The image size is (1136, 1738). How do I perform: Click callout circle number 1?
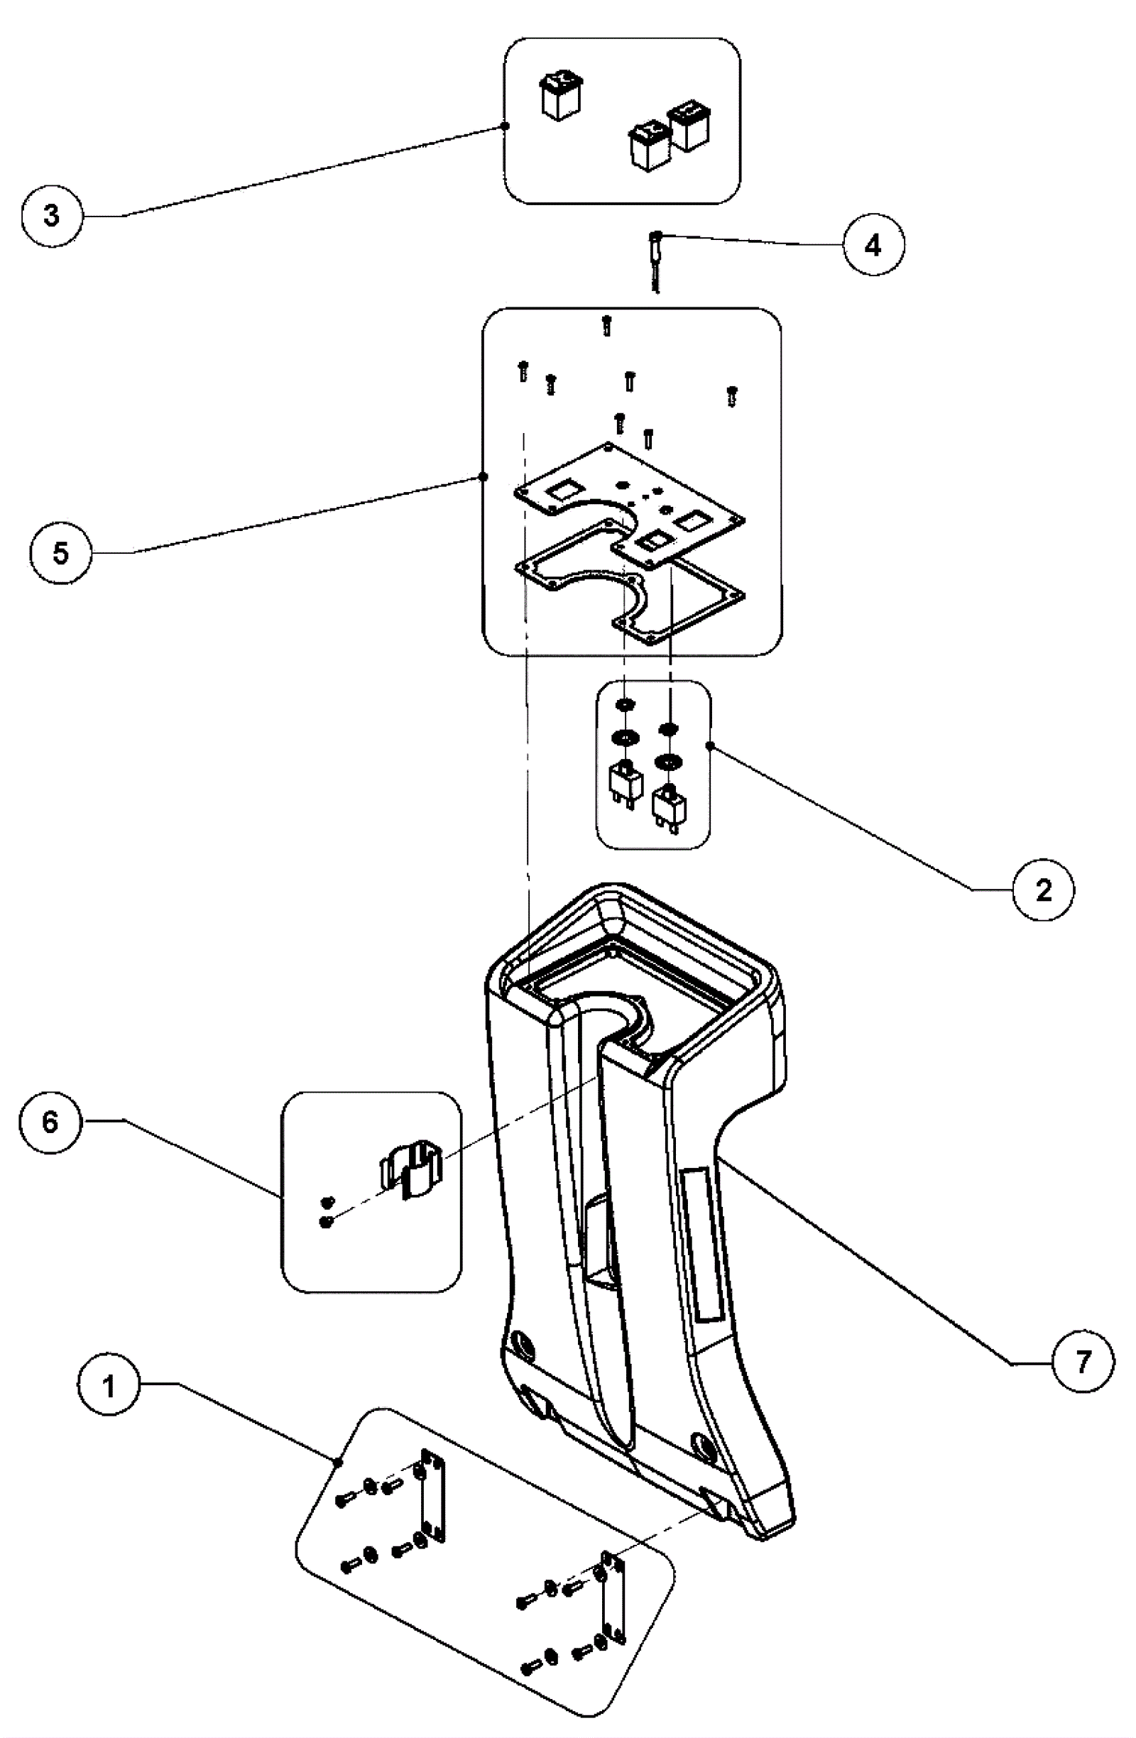coord(109,1384)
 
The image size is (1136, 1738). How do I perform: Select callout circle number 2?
coord(1043,890)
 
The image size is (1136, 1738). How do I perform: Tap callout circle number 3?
coord(52,216)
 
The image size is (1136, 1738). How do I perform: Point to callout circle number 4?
coord(873,246)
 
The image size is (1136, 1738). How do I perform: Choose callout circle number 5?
coord(60,552)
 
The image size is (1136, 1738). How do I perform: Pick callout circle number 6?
coord(50,1122)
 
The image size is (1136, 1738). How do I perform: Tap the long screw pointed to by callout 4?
coord(656,259)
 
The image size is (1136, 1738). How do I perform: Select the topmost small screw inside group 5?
coord(606,326)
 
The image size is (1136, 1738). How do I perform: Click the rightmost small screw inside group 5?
coord(731,395)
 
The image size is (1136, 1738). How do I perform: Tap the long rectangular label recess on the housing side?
coord(700,1241)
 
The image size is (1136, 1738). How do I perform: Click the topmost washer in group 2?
coord(625,705)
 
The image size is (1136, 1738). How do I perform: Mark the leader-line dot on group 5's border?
coord(483,477)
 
